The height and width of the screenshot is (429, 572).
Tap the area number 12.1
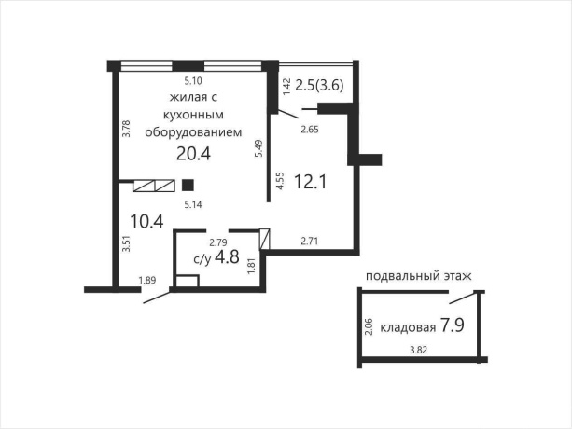[309, 181]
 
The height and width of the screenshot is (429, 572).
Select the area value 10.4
[146, 221]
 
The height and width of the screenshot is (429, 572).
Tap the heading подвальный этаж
[418, 276]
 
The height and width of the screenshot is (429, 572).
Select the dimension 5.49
[258, 150]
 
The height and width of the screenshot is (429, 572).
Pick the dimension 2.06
[369, 327]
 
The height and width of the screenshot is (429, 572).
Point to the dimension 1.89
[146, 280]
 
